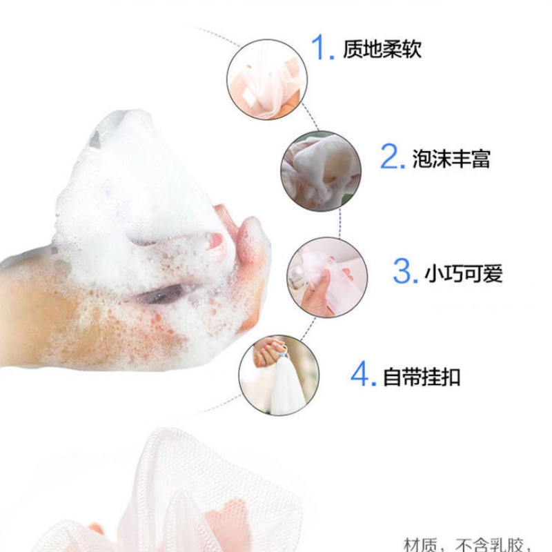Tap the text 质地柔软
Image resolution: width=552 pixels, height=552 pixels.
click(x=382, y=49)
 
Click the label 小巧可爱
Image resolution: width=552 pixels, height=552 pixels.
click(x=464, y=273)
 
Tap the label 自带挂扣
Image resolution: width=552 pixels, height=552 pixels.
click(x=422, y=377)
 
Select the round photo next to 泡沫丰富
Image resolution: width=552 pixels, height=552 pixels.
click(x=320, y=171)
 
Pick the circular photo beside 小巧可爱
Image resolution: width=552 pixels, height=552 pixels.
click(x=326, y=277)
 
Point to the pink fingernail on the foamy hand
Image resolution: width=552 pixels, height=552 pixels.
click(x=216, y=241)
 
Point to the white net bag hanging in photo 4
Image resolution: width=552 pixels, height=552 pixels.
click(x=286, y=390)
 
